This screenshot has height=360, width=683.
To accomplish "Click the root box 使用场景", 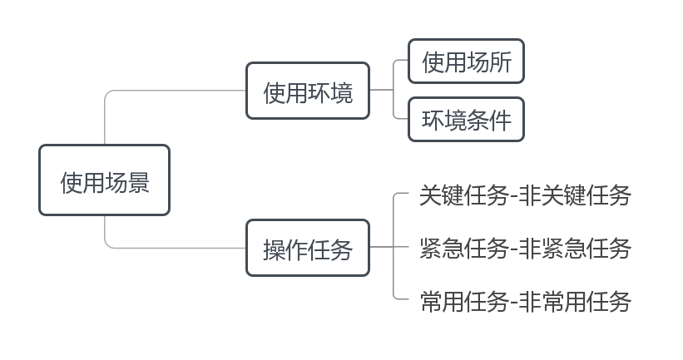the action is point(104,180).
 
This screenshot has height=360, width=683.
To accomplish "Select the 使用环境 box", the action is point(308,91).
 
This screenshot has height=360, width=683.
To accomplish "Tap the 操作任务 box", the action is point(308,248).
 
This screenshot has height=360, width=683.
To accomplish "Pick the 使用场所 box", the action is point(466,61).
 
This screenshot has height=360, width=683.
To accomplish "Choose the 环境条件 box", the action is point(466,119).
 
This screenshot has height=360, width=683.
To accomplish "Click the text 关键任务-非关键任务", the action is point(525,195).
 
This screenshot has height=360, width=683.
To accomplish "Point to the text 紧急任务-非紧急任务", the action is point(525,248).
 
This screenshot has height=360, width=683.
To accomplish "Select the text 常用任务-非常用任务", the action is point(525,302).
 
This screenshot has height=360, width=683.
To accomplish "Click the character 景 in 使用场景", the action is point(139,182).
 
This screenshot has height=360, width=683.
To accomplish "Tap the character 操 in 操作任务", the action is point(274,250).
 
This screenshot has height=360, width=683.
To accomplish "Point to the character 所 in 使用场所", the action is point(501,62).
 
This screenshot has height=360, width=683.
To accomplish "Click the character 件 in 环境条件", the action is point(501,121).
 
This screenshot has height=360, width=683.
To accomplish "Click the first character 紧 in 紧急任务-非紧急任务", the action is point(430,248).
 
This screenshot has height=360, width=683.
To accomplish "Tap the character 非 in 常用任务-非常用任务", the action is point(530,302).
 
